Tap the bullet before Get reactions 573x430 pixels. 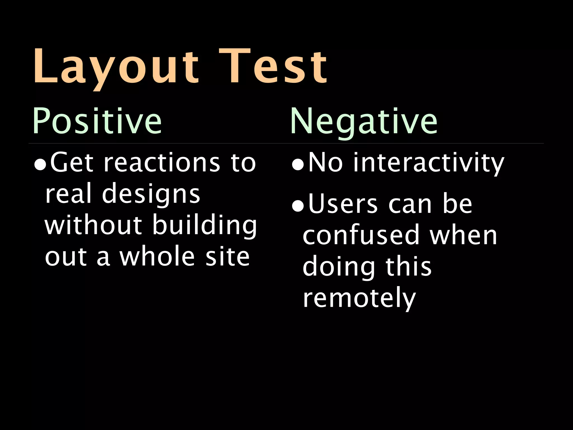(40, 165)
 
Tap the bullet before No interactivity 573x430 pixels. (298, 165)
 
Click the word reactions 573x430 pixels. (162, 163)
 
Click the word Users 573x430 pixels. (343, 204)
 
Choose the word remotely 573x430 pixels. (359, 298)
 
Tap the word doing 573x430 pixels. (339, 267)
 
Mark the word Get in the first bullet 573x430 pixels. (72, 163)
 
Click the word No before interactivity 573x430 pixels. (325, 163)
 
